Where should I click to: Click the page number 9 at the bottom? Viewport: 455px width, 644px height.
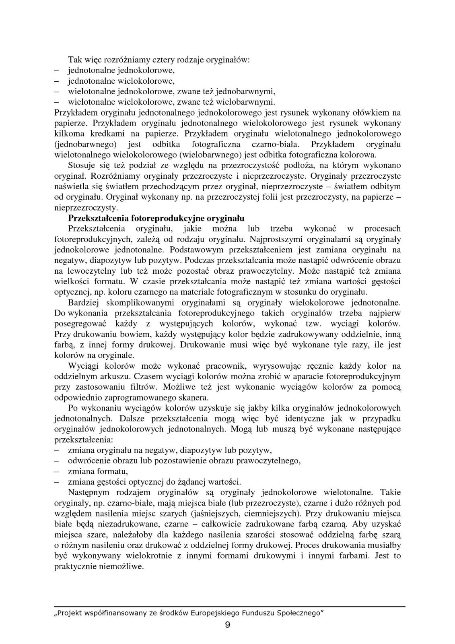(227, 625)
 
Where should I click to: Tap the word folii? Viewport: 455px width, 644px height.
(274, 197)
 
